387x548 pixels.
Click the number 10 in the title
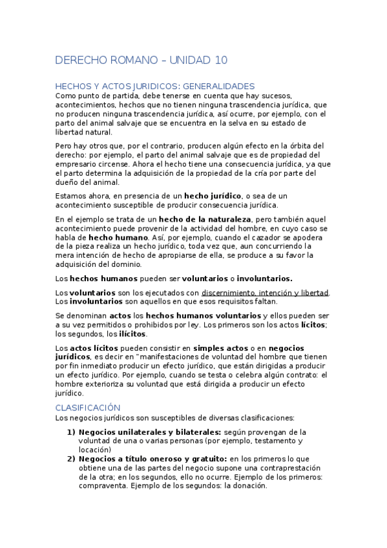pos(219,61)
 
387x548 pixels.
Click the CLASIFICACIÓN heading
pos(88,408)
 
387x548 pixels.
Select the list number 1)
pos(71,432)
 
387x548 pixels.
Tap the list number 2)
pos(71,459)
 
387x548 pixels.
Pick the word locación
pos(95,450)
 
